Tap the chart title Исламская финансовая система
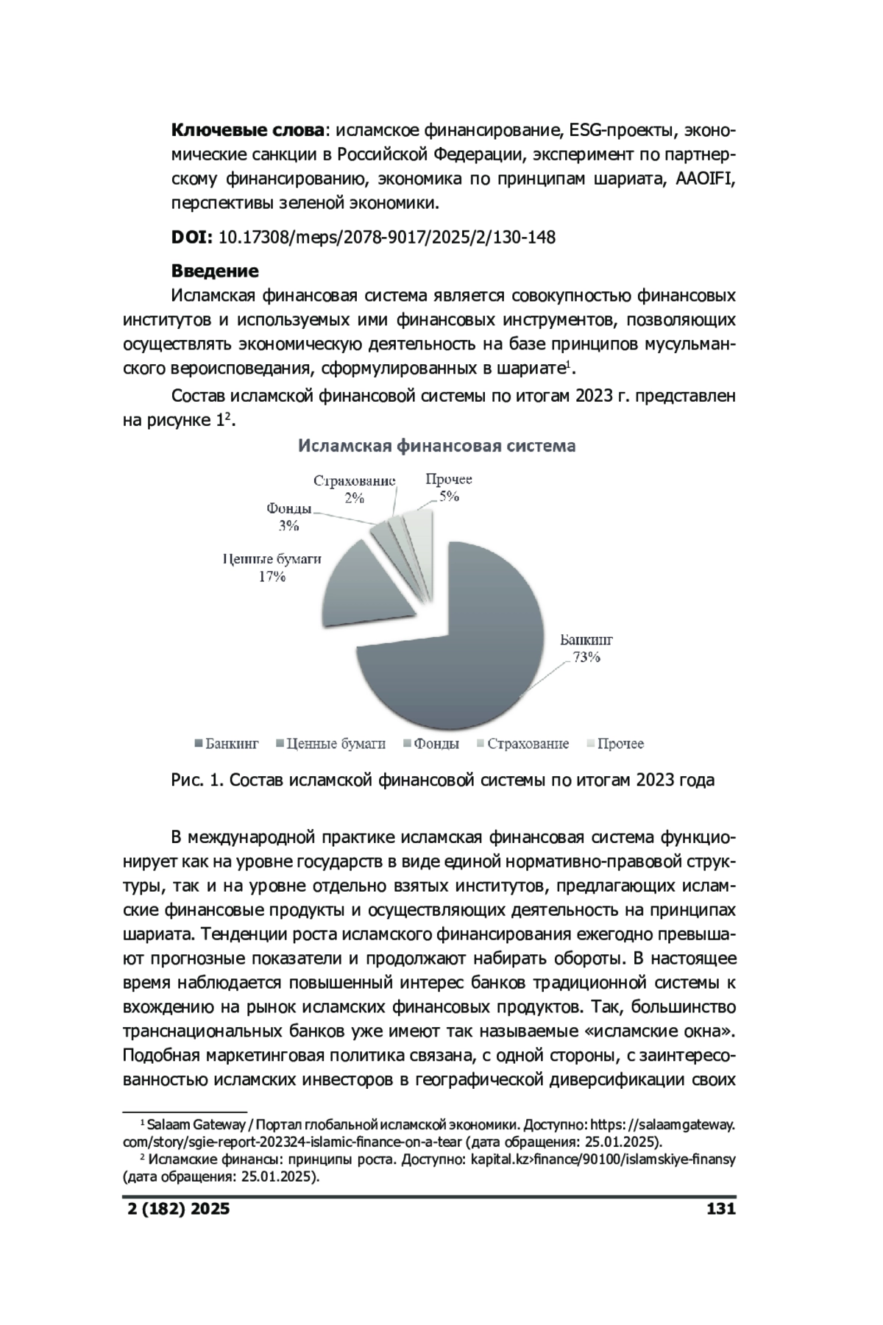tap(436, 446)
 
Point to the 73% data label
tap(586, 658)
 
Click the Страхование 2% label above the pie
tap(354, 489)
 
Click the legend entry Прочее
tap(614, 744)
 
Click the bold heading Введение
tap(215, 271)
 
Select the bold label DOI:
tap(192, 238)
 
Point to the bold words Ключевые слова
tap(247, 131)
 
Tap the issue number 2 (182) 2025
tap(176, 1209)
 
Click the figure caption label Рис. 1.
tap(195, 780)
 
